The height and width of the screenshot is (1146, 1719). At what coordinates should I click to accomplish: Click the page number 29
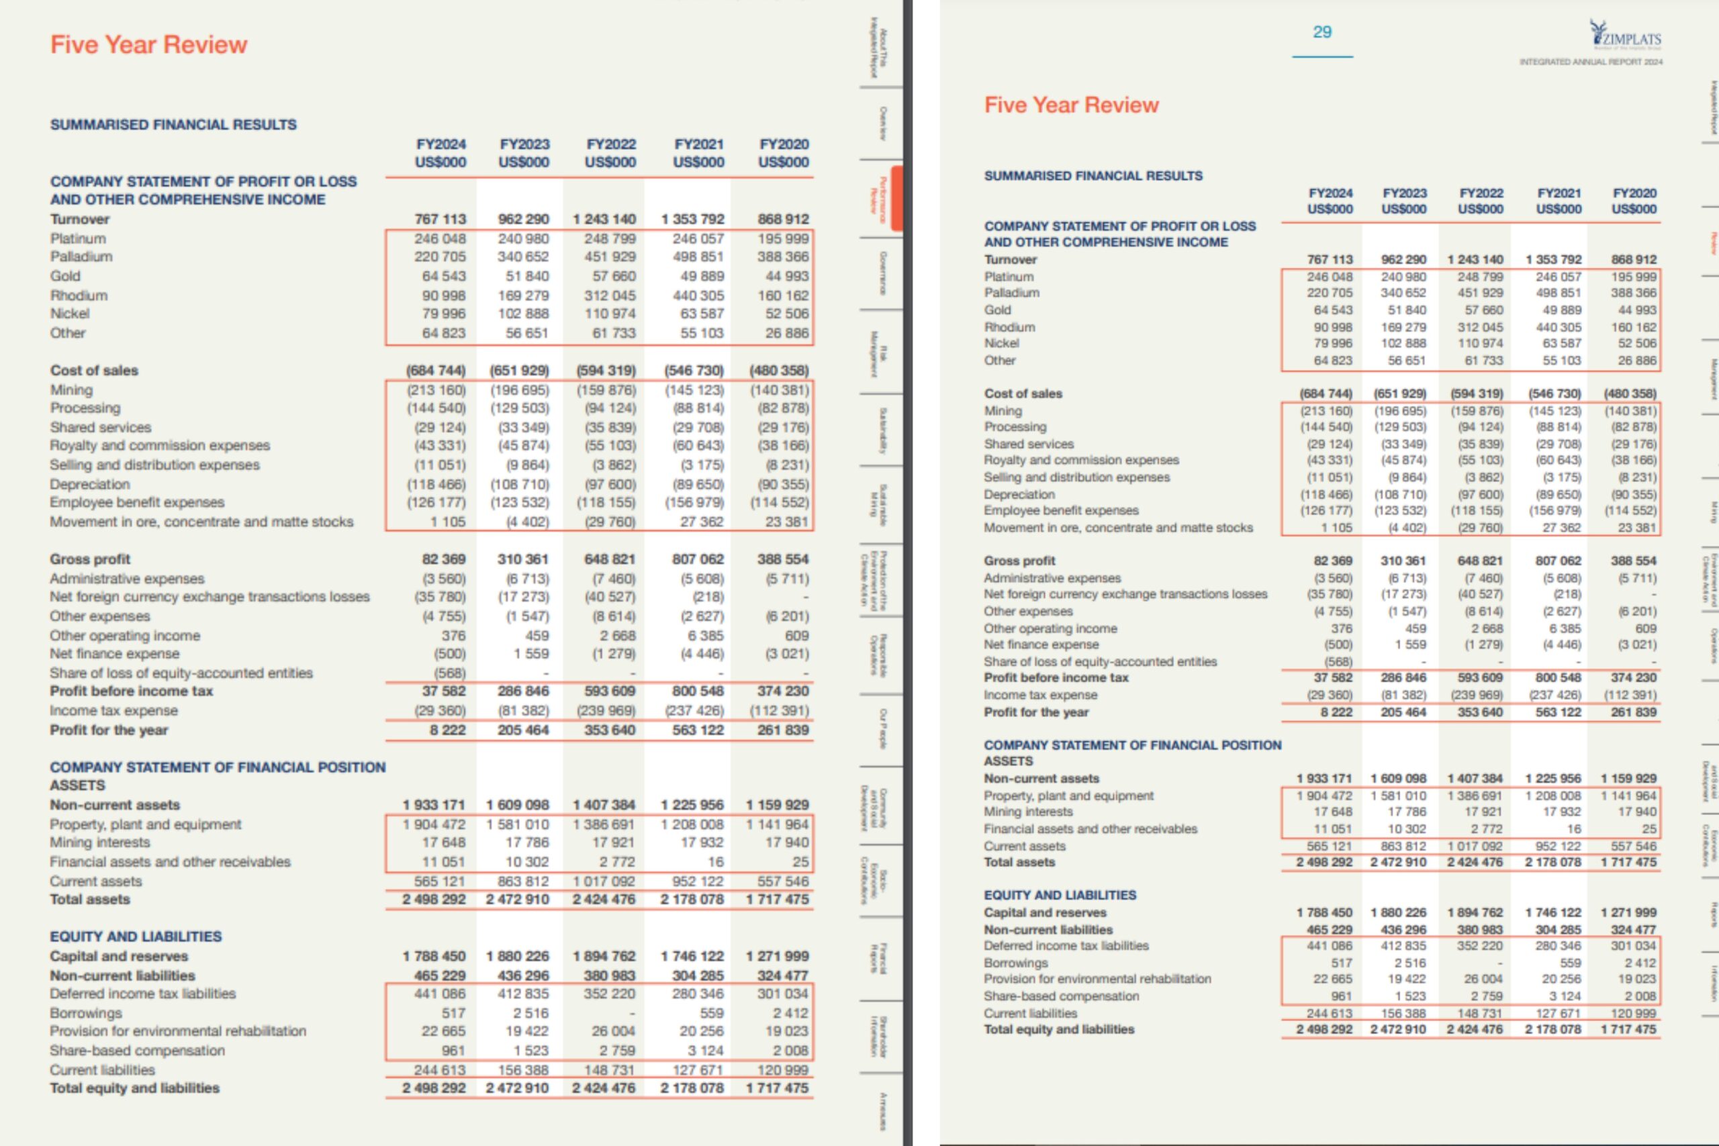coord(1322,32)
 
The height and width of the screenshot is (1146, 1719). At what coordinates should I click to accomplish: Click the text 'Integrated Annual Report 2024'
coord(1590,62)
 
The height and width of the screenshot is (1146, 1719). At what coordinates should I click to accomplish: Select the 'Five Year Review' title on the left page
coord(148,44)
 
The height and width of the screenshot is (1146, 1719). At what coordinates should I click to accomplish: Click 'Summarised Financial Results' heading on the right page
coord(1093,176)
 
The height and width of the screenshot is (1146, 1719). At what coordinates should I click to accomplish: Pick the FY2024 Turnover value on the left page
coord(440,220)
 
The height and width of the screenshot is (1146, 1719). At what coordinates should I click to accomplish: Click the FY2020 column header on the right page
coord(1634,201)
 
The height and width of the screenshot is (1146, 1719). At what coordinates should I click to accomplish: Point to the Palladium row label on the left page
coord(81,257)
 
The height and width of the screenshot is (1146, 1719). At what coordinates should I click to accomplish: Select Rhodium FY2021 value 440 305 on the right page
coord(1559,327)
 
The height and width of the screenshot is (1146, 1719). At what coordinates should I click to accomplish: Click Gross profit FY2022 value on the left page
coord(610,559)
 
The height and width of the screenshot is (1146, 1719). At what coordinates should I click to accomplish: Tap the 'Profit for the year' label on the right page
coord(1035,712)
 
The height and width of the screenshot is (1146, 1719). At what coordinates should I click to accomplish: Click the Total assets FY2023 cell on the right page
coord(1398,863)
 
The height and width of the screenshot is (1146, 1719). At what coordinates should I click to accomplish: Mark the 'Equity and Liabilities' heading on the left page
coord(135,937)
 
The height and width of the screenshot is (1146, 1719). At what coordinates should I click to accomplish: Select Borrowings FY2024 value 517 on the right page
coord(1341,963)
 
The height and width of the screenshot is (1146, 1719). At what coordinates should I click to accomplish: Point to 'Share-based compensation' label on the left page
coord(137,1050)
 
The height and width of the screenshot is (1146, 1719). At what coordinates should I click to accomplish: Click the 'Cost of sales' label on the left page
coord(93,371)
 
